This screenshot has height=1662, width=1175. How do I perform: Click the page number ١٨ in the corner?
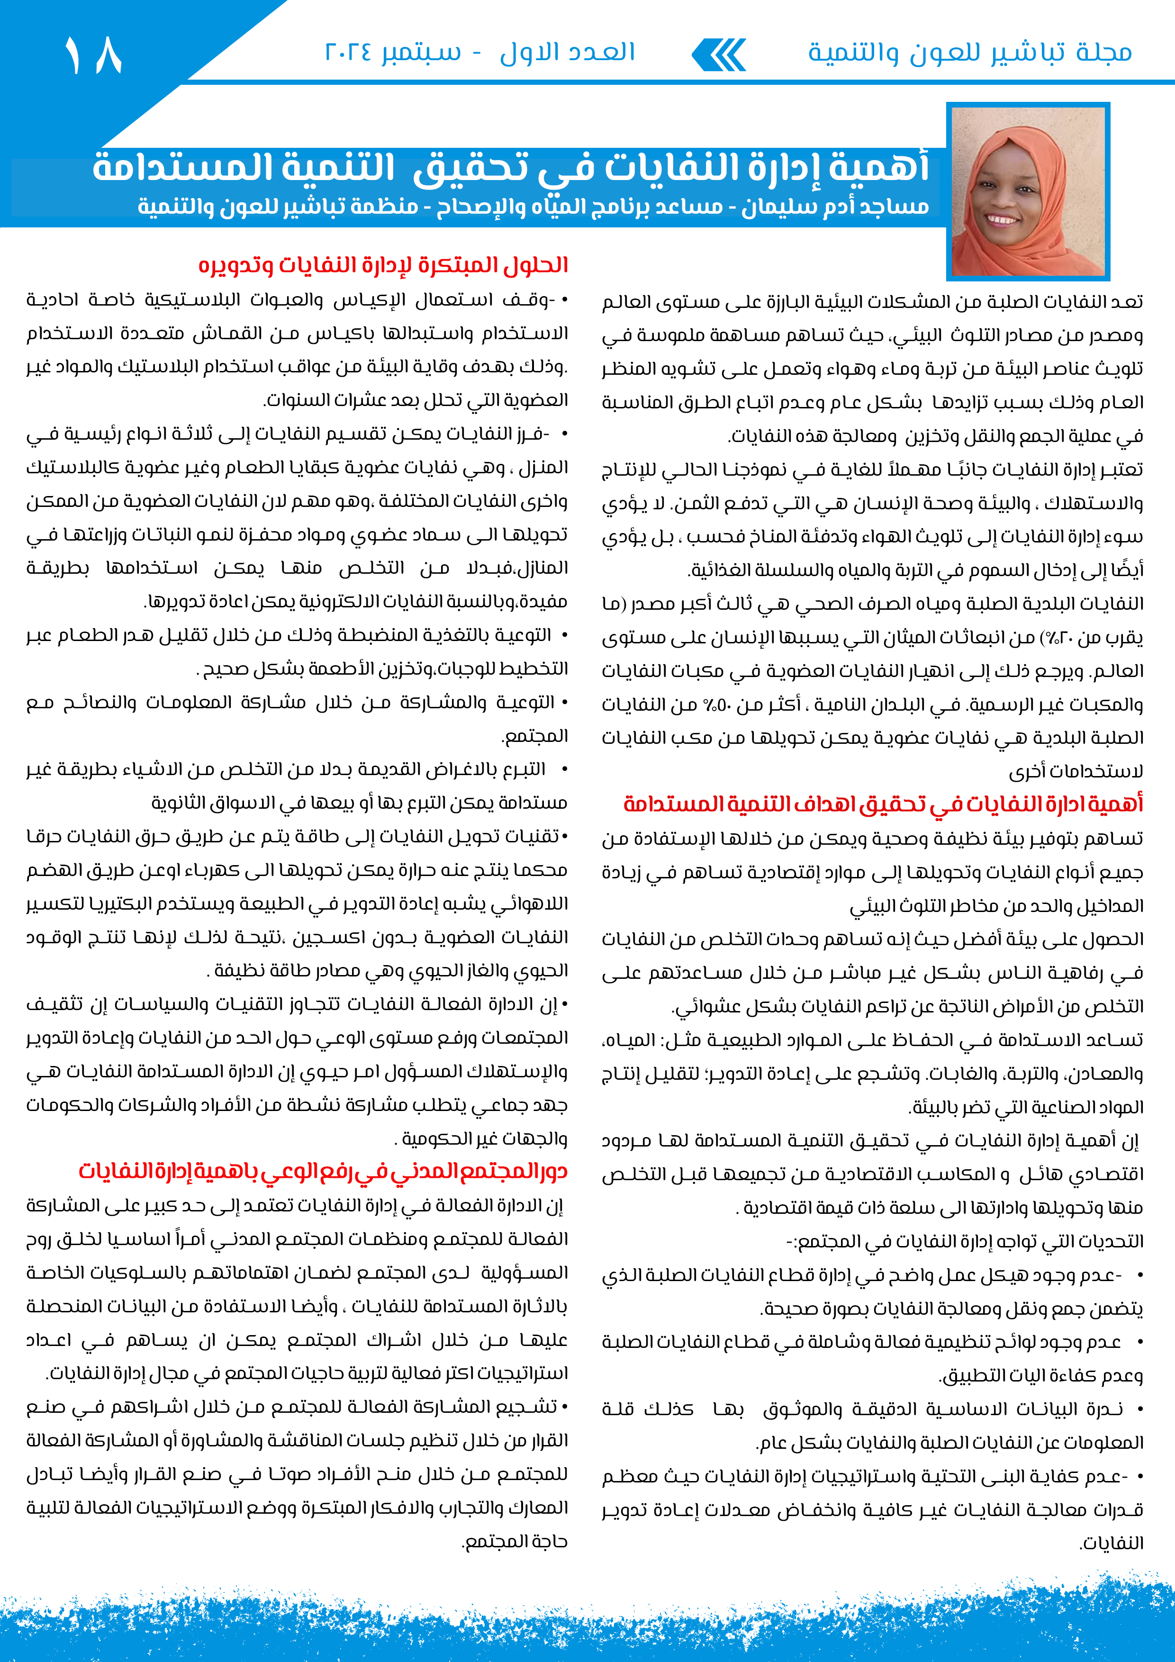click(x=93, y=55)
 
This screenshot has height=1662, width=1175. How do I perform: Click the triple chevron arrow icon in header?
click(x=719, y=55)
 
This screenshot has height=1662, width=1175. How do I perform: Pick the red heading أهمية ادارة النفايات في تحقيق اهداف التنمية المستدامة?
click(x=883, y=804)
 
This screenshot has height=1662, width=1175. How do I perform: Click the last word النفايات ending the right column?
click(x=1112, y=1543)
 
